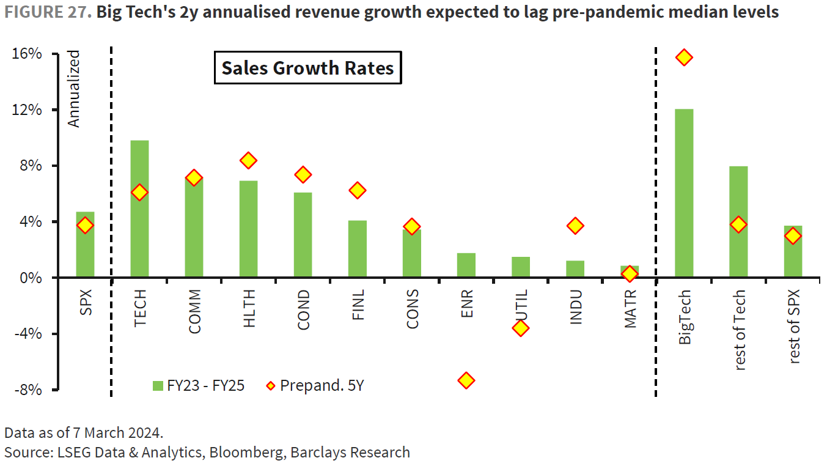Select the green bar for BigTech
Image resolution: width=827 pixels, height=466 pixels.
pos(684,193)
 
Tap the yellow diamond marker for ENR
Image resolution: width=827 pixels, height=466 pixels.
pos(466,380)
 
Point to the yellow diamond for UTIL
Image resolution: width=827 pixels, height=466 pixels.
pos(520,328)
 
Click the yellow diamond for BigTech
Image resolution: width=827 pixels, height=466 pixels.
pos(684,57)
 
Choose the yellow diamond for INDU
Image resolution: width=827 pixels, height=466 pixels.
pos(575,226)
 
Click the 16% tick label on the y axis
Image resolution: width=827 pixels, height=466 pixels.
pos(27,54)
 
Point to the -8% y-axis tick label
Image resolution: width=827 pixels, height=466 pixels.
pos(27,390)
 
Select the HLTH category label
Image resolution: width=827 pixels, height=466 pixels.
pos(249,309)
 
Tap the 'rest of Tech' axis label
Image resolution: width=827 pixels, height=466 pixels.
pos(739,330)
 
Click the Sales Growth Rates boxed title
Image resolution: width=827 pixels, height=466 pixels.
pos(307,68)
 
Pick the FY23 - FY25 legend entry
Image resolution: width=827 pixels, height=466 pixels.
pos(199,385)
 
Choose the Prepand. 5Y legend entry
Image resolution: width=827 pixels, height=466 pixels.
pos(315,385)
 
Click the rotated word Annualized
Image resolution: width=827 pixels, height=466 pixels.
pos(74,89)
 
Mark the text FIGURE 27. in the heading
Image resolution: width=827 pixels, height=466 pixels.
pos(46,12)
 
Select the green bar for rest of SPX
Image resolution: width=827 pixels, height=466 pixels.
pos(793,251)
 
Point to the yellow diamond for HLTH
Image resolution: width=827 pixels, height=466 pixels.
pos(248,160)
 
